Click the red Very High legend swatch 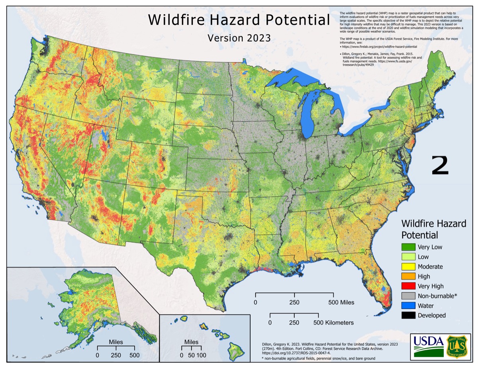(x=408, y=286)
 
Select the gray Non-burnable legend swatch (x=408, y=296)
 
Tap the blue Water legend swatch (x=408, y=306)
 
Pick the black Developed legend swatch (x=408, y=315)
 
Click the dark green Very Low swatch (x=408, y=247)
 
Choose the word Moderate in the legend (x=430, y=267)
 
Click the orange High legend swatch (x=408, y=276)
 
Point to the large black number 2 (x=440, y=166)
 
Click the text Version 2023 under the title (x=239, y=38)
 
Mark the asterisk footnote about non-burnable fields (x=318, y=358)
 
